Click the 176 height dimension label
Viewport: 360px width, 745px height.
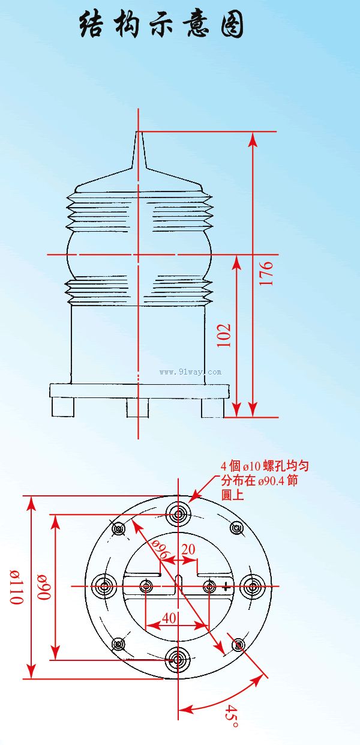coord(266,273)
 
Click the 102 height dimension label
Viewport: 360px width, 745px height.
coord(224,335)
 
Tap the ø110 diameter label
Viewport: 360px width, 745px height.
coord(17,587)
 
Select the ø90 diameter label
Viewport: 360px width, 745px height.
coord(44,587)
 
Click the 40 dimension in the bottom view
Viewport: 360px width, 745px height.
coord(169,618)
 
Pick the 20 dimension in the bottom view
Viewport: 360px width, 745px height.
coord(188,549)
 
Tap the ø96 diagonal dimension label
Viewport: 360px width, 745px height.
coord(161,549)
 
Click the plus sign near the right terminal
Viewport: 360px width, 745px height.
coord(226,586)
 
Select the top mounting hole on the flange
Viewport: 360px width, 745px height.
coord(179,514)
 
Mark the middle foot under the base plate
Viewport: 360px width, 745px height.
coord(137,408)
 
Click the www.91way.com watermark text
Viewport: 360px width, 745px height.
coord(190,372)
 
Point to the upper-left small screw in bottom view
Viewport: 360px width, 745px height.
coord(119,528)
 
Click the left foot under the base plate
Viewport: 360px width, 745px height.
coord(62,408)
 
